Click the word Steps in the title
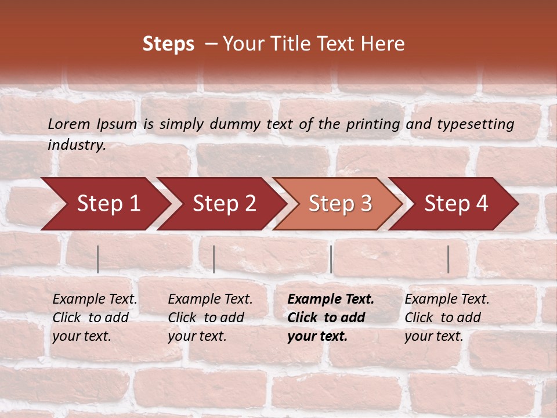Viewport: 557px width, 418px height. point(168,44)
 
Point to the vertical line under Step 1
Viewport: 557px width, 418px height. point(98,259)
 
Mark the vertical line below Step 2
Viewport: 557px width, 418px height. point(214,259)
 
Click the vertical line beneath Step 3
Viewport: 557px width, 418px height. point(331,259)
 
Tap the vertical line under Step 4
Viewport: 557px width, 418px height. point(448,259)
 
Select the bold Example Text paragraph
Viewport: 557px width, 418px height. point(331,318)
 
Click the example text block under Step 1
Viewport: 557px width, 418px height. point(95,318)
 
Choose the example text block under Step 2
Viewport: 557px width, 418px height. point(210,318)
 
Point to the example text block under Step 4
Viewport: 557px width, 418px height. point(447,318)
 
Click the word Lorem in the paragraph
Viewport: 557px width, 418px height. point(69,124)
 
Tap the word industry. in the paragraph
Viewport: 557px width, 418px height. point(77,145)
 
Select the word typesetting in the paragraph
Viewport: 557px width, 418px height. point(475,124)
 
